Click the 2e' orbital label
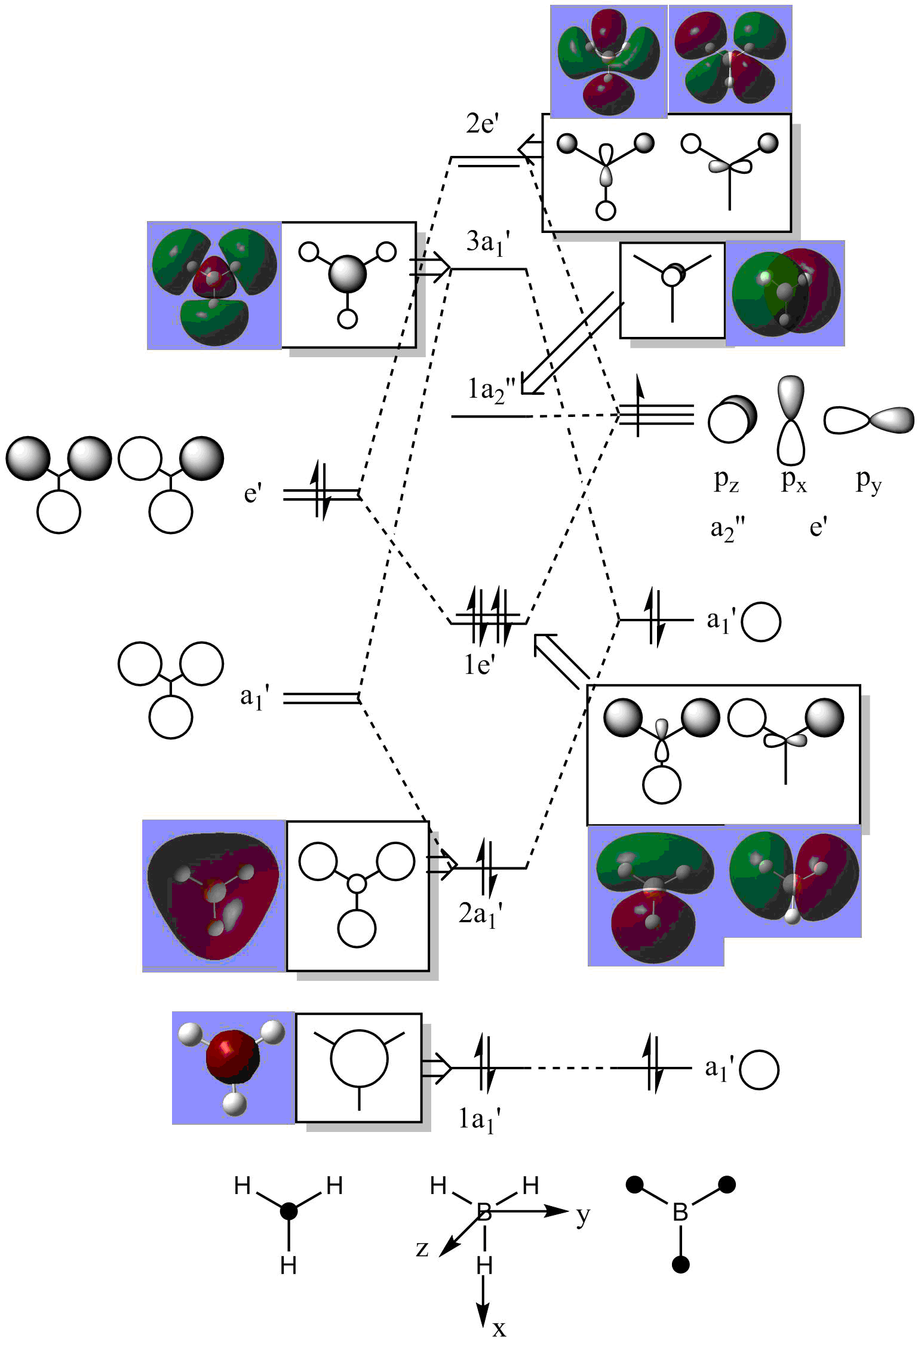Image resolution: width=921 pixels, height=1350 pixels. pyautogui.click(x=482, y=124)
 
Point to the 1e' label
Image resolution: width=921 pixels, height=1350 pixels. pyautogui.click(x=480, y=664)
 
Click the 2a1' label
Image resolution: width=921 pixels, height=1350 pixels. pyautogui.click(x=480, y=915)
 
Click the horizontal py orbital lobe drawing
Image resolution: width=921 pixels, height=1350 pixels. pyautogui.click(x=869, y=420)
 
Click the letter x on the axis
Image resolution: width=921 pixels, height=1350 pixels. pyautogui.click(x=499, y=1328)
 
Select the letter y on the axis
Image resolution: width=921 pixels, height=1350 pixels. pyautogui.click(x=583, y=1215)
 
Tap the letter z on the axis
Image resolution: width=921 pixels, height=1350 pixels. pyautogui.click(x=422, y=1248)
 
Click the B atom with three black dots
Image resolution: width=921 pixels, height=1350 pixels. pyautogui.click(x=680, y=1212)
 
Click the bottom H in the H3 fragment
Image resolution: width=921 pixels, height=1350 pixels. pyautogui.click(x=288, y=1265)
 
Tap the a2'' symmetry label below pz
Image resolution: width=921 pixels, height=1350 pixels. pyautogui.click(x=727, y=529)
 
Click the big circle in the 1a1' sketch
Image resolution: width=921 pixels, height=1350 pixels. pyautogui.click(x=359, y=1058)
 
